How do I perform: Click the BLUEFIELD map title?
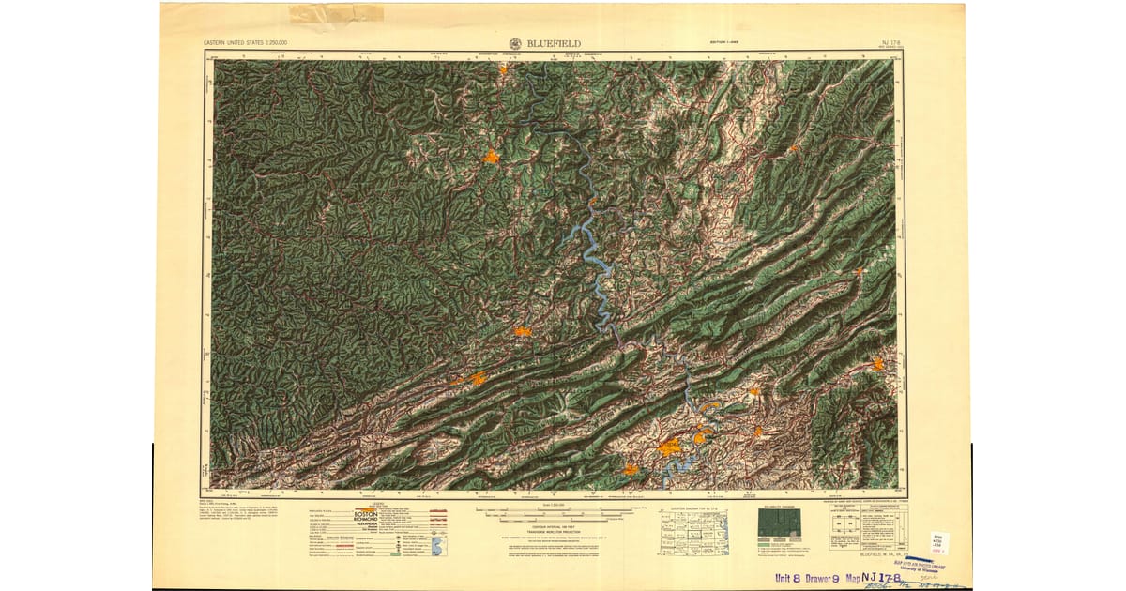555,42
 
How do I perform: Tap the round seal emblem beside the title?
517,42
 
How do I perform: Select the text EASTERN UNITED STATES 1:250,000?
246,43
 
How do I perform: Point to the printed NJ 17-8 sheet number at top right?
890,42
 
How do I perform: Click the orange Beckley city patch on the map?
491,158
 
